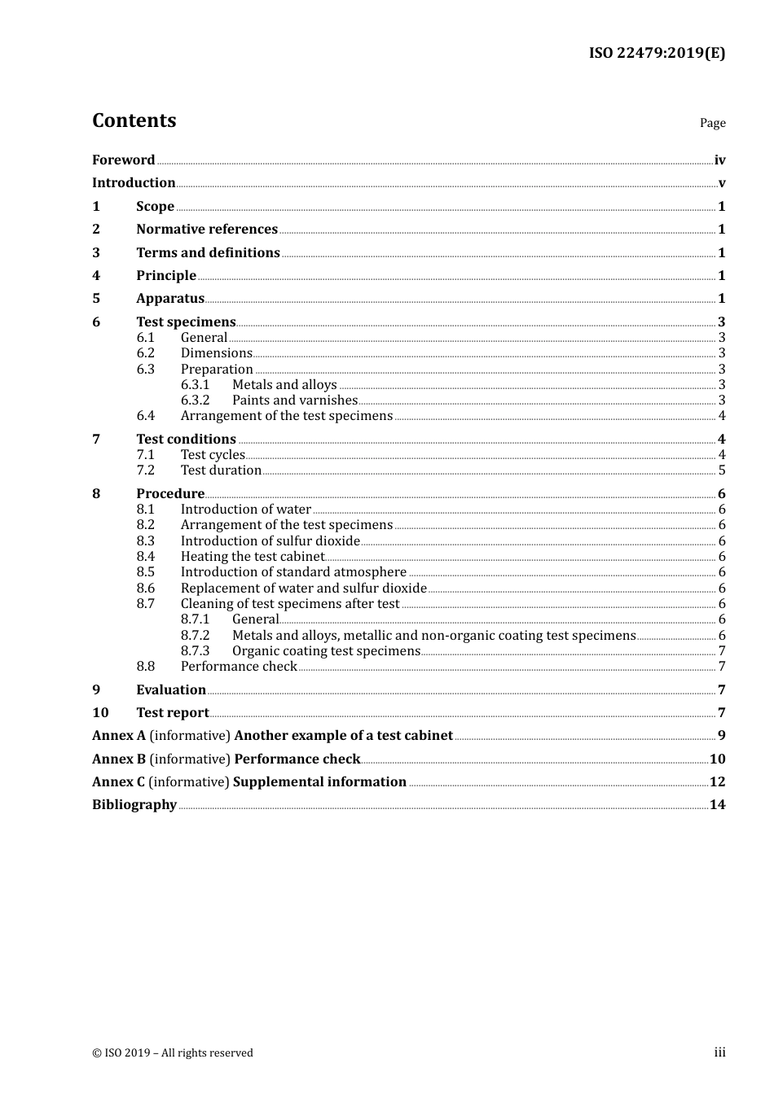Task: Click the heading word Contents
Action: click(x=134, y=120)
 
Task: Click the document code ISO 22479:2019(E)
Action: click(x=657, y=53)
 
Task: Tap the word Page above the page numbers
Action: click(x=712, y=123)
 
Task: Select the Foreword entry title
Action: click(x=123, y=160)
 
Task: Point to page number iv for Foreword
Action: click(x=719, y=160)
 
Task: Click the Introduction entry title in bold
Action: click(x=134, y=182)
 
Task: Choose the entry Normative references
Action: click(x=207, y=229)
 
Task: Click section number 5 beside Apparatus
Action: click(x=96, y=298)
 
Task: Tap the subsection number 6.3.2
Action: click(x=195, y=400)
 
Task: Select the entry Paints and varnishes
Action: click(x=295, y=400)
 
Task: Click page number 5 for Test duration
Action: click(x=722, y=470)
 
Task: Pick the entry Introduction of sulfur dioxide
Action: click(x=270, y=540)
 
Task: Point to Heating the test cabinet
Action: click(x=253, y=556)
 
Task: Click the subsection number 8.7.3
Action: click(x=195, y=650)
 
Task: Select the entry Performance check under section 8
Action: click(x=239, y=666)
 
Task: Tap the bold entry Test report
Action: click(x=173, y=712)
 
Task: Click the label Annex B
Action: click(x=119, y=759)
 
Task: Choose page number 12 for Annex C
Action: click(x=717, y=781)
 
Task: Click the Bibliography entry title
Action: click(x=134, y=804)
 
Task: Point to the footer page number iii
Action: click(x=719, y=1052)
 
